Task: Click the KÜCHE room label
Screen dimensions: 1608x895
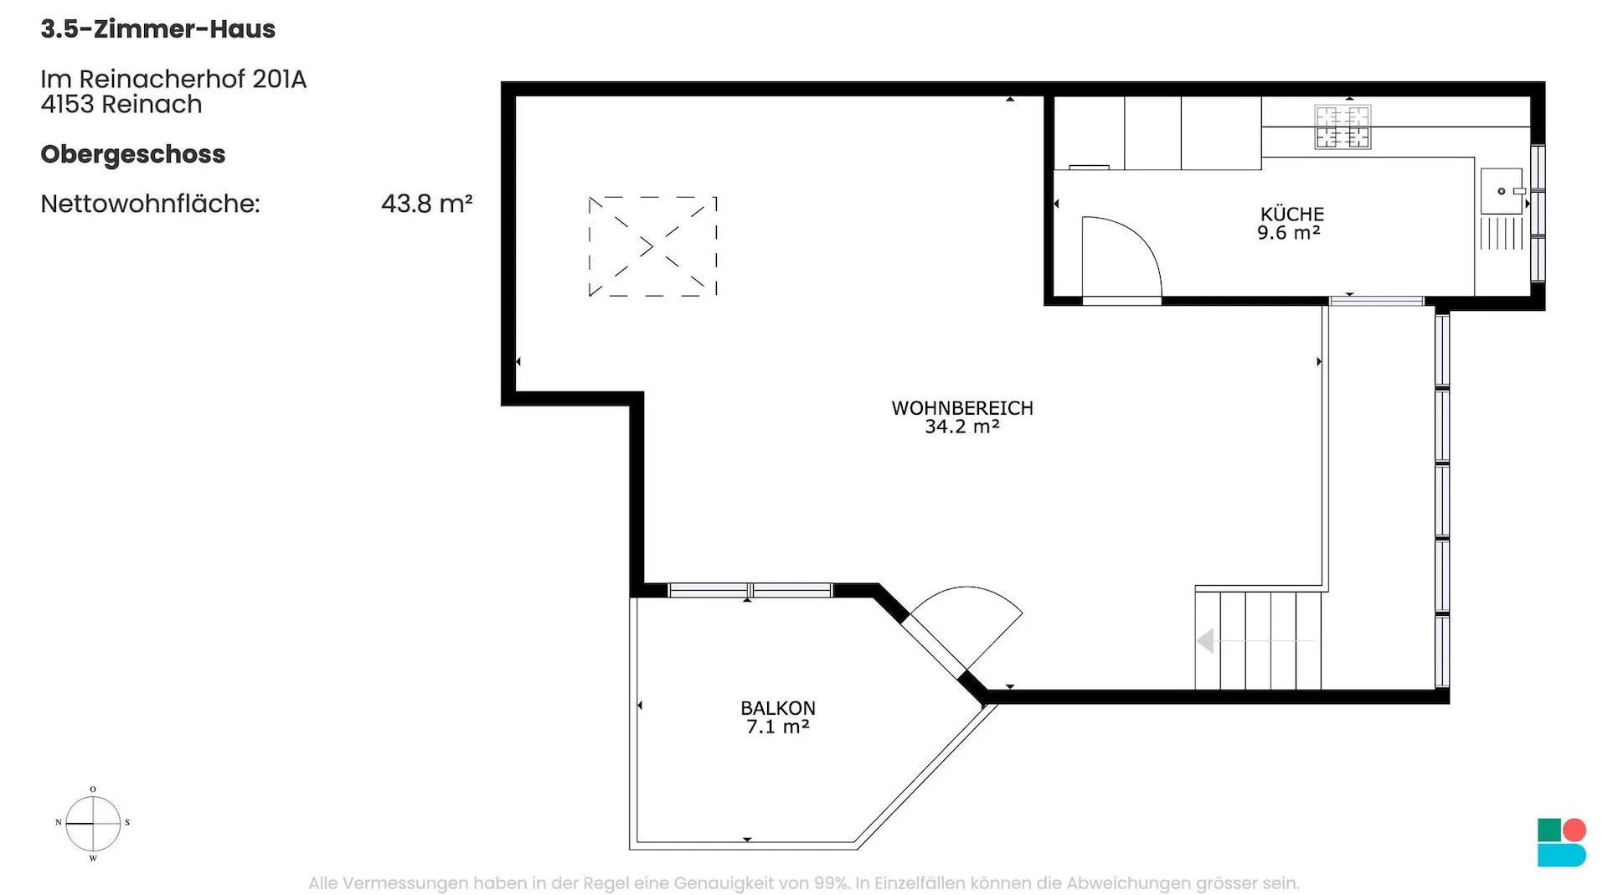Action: click(1292, 215)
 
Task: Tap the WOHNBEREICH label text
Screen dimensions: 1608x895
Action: click(962, 408)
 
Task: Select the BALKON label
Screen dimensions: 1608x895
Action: click(778, 708)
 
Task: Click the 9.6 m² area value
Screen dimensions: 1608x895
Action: click(1289, 233)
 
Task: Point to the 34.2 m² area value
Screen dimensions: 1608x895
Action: click(962, 427)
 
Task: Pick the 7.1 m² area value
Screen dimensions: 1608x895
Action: click(778, 727)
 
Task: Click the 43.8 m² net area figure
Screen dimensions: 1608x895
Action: click(427, 204)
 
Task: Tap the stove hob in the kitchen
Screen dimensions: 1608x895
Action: click(1343, 127)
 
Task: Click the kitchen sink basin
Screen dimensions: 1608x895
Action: click(1502, 191)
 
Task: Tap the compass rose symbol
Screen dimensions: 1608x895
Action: click(93, 824)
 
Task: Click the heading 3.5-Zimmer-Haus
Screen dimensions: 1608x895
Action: click(158, 29)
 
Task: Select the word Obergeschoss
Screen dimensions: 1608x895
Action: click(133, 155)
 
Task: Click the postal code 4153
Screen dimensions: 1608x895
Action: click(67, 105)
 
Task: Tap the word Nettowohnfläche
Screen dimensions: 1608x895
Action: click(151, 204)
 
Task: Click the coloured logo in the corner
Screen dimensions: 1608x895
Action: click(1562, 842)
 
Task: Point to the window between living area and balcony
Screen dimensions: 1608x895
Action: click(750, 591)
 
